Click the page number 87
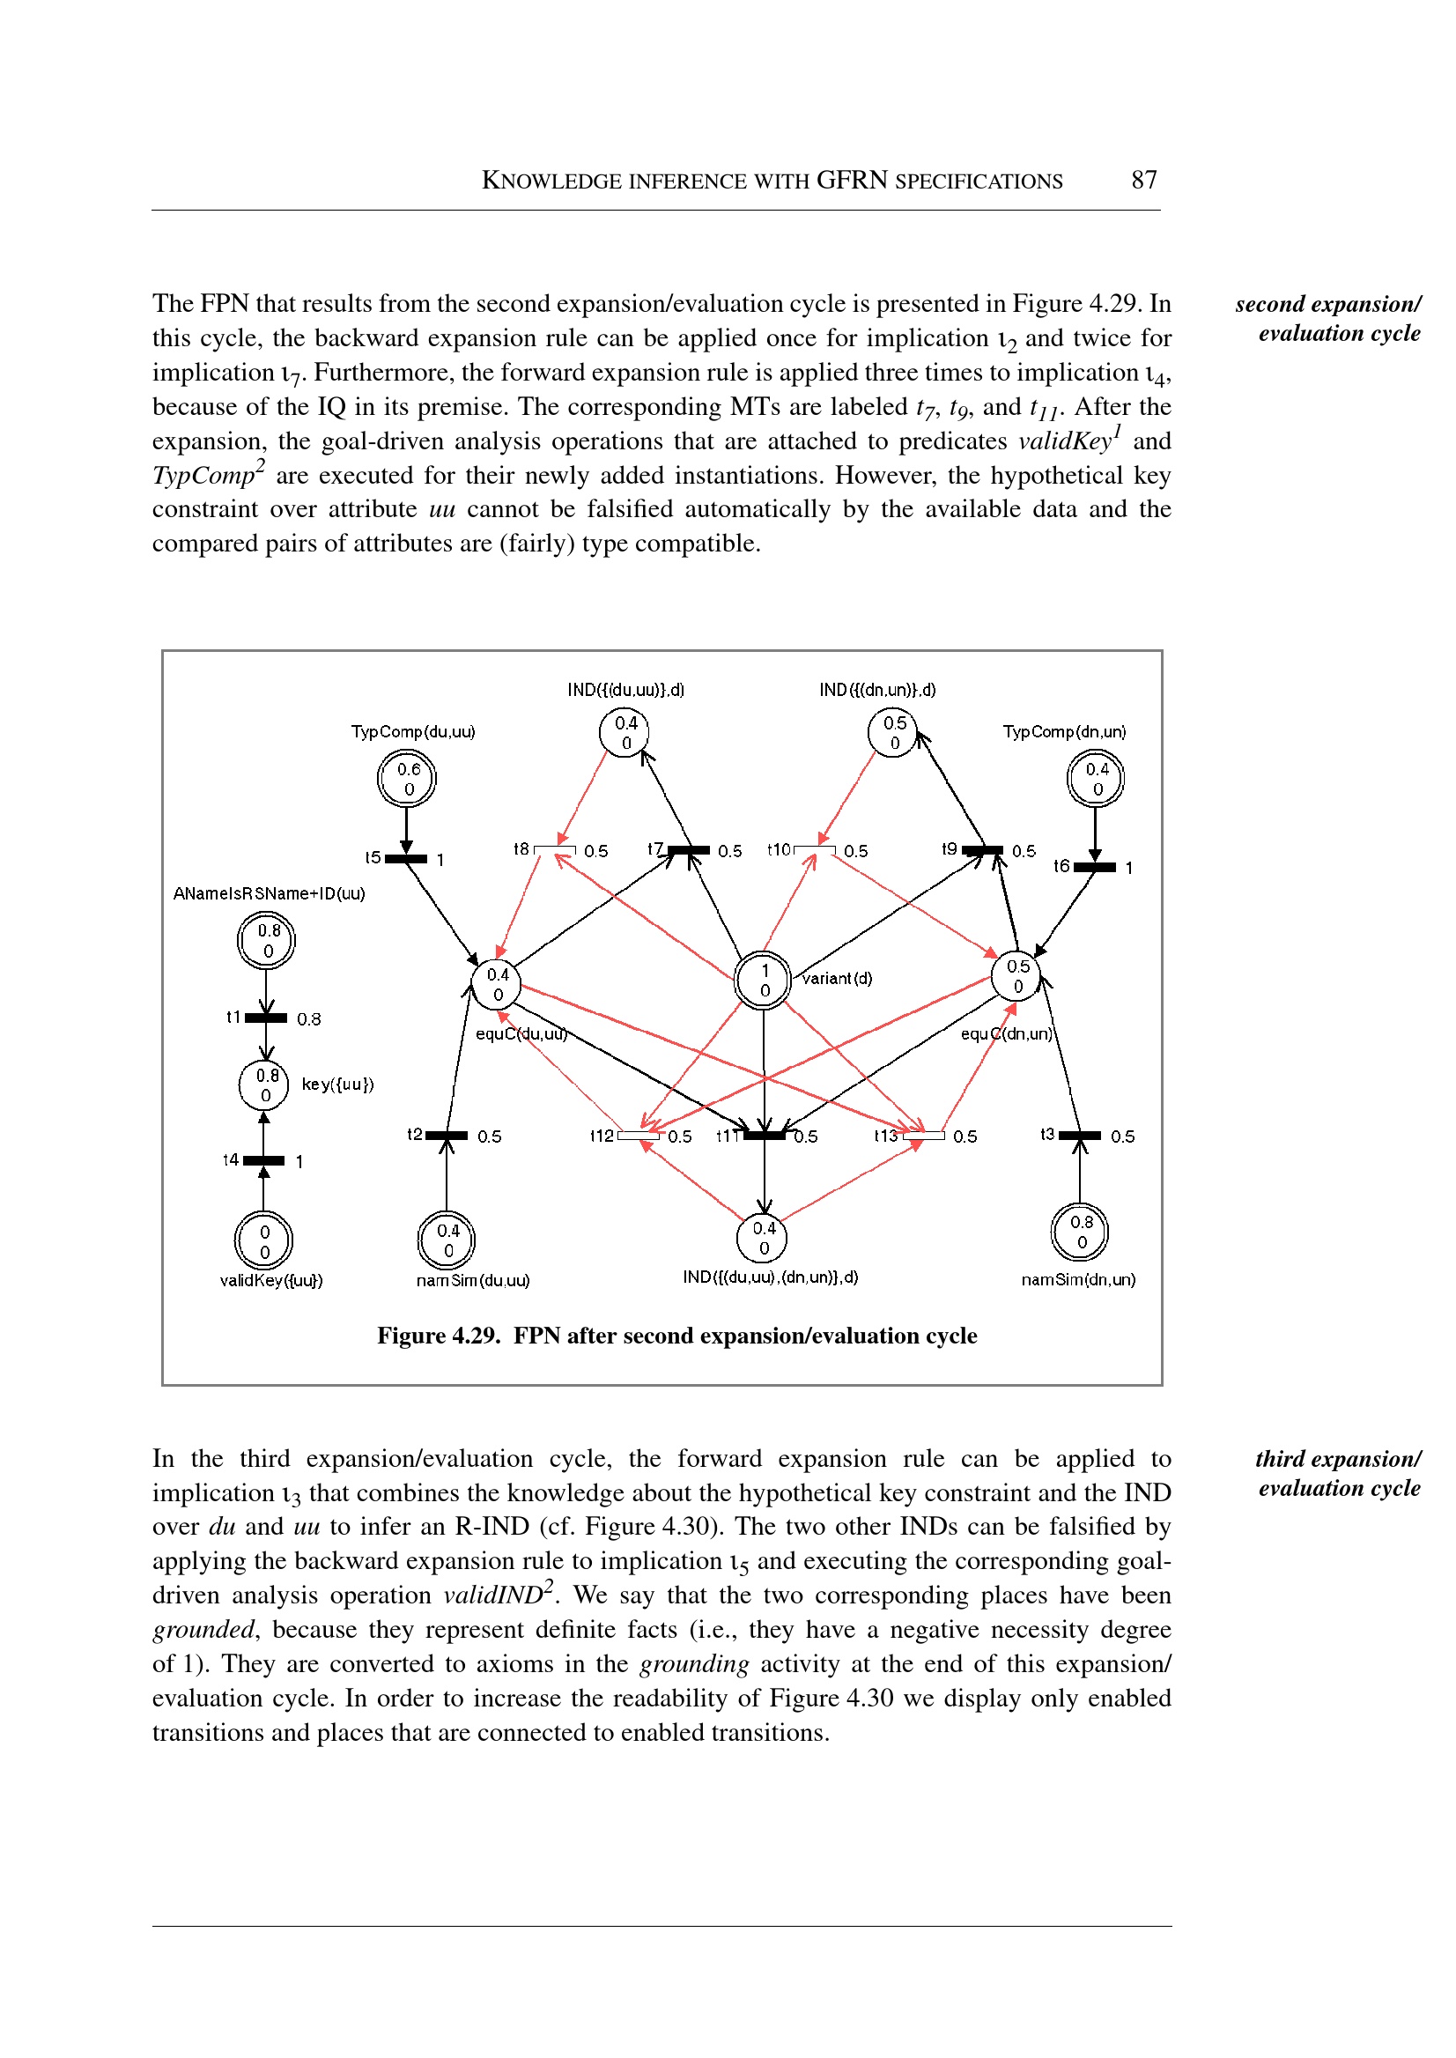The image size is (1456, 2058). (x=1143, y=181)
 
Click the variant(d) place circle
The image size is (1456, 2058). (x=763, y=981)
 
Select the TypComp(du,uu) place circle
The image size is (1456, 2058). (x=406, y=779)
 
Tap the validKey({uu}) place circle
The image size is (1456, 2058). (x=263, y=1241)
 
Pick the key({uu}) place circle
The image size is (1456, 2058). (x=263, y=1085)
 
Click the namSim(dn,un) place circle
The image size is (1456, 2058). (x=1080, y=1233)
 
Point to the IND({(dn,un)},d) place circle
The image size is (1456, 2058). (x=893, y=733)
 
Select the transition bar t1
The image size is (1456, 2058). (x=266, y=1018)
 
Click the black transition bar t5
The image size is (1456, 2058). (x=406, y=859)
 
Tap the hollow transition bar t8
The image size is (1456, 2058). (x=555, y=849)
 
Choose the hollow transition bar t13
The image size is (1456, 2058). (x=923, y=1136)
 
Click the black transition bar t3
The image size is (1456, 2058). (x=1080, y=1136)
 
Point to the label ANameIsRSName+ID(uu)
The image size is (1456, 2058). (x=269, y=893)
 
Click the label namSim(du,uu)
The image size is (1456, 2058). (x=472, y=1281)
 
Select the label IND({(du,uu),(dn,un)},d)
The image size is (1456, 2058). (x=770, y=1277)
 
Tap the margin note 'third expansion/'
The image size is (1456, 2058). (x=1338, y=1459)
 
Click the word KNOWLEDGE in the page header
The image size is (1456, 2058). (x=551, y=181)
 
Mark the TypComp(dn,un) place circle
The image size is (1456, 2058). (x=1096, y=779)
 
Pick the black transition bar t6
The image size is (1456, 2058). (x=1095, y=867)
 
